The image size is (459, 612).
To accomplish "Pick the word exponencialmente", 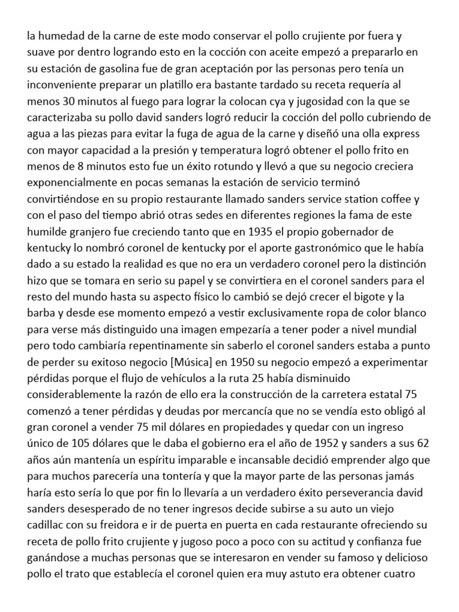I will click(x=76, y=181).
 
